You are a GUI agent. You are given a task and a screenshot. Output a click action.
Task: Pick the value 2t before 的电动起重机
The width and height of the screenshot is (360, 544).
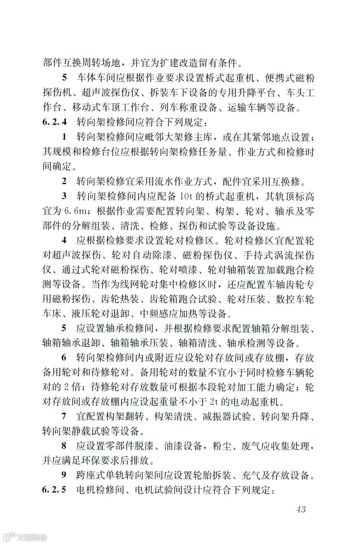click(215, 402)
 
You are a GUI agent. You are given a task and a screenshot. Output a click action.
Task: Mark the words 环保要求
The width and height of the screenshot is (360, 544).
click(103, 460)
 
